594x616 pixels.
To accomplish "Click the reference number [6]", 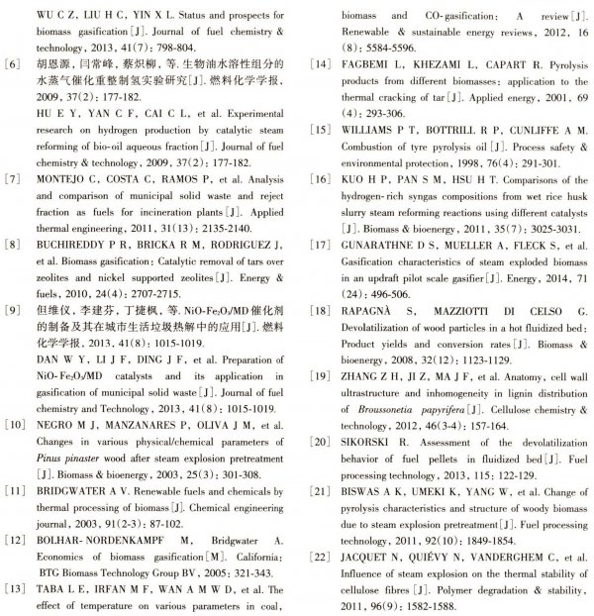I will click(14, 60).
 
